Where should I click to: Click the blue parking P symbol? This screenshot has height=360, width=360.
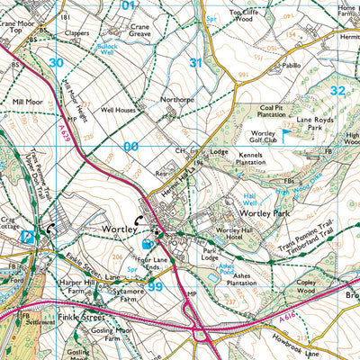point(27,237)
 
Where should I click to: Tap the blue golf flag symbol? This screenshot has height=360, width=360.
point(286,133)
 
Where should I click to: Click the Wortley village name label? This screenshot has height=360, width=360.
point(117,229)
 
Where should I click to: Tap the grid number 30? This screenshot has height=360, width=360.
point(57,62)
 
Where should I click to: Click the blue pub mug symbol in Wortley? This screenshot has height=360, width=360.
point(147,243)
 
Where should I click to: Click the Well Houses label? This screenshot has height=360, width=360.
point(118,110)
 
